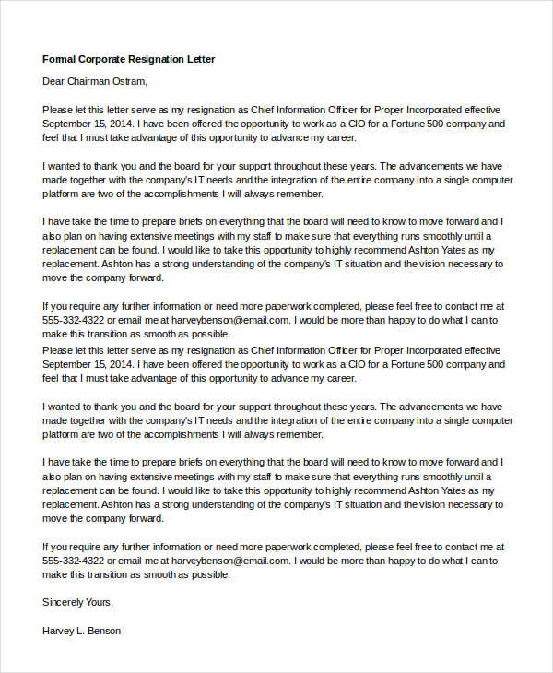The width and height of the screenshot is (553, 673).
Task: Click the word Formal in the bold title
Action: click(x=59, y=59)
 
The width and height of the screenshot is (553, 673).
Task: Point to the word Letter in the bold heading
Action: click(x=202, y=59)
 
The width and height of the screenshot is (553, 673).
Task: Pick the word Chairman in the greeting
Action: click(x=91, y=81)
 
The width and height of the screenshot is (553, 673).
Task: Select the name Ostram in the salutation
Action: click(x=131, y=81)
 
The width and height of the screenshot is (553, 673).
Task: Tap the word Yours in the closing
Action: click(x=101, y=602)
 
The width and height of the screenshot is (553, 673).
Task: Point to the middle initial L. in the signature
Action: click(x=83, y=632)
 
